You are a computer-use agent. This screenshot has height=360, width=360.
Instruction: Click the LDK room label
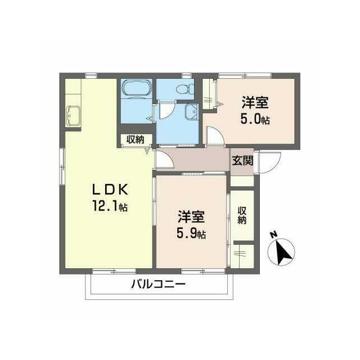click(110, 190)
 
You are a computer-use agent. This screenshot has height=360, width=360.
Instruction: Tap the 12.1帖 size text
click(110, 206)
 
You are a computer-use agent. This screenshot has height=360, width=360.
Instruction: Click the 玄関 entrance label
click(242, 160)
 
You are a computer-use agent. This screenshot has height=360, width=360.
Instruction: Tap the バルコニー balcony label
click(158, 285)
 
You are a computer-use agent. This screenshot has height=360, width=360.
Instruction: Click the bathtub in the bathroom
click(137, 89)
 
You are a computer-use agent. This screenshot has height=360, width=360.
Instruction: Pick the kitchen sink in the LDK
click(73, 116)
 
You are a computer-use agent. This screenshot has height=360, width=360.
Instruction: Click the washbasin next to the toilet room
click(191, 111)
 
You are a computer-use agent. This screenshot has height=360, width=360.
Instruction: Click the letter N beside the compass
click(273, 235)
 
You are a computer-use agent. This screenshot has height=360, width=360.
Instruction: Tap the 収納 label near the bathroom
click(136, 139)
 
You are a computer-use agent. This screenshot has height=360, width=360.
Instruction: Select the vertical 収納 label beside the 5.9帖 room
click(242, 215)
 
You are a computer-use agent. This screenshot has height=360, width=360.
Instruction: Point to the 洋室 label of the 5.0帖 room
click(255, 102)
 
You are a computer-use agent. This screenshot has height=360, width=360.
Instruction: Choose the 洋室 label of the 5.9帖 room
click(191, 217)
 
